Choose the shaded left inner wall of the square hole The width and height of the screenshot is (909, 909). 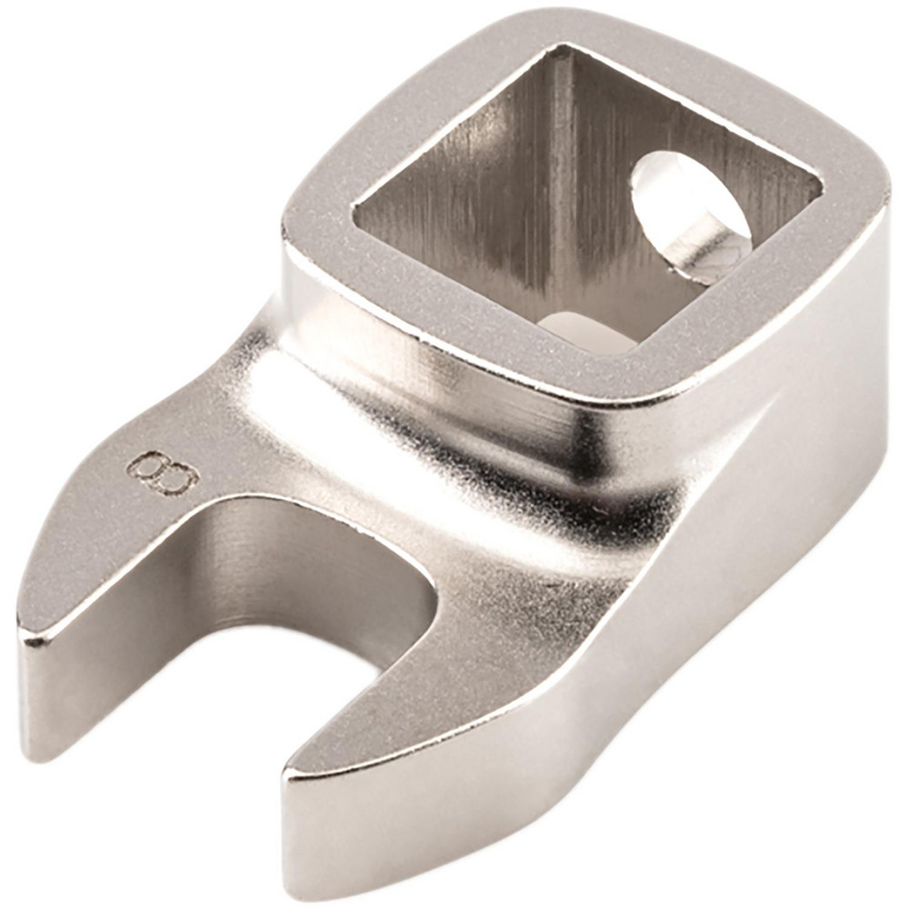pyautogui.click(x=454, y=209)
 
